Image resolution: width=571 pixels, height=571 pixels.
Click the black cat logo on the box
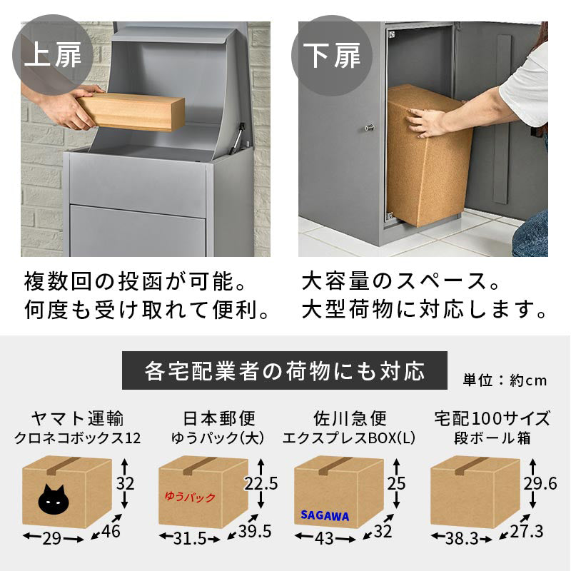point(53,499)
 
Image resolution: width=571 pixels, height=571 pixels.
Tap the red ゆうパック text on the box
point(190,497)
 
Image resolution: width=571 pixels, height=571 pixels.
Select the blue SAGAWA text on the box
point(325,515)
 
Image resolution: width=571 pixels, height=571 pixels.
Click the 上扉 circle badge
point(52,55)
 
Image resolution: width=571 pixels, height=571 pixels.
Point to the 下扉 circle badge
point(332,56)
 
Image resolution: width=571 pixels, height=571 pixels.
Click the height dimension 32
point(126,483)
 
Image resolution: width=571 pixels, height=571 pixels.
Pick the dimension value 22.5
point(261,483)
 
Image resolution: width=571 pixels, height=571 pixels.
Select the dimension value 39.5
point(255,531)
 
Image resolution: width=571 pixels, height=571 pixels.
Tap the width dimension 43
point(324,538)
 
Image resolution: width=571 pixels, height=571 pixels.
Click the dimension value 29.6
point(540,483)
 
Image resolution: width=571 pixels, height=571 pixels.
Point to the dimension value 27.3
point(527,531)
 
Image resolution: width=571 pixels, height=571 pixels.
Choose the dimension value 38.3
point(462,538)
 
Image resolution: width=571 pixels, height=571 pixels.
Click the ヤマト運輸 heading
point(78,418)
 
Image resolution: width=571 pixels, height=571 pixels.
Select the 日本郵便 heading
point(219,418)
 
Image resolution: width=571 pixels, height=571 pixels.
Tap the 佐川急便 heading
point(350,418)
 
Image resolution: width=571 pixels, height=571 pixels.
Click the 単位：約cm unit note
point(505,380)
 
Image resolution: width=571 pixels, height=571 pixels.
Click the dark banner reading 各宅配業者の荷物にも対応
point(284,370)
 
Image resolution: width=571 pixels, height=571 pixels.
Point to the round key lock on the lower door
point(369,128)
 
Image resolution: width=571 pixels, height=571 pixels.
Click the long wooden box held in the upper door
point(131,111)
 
